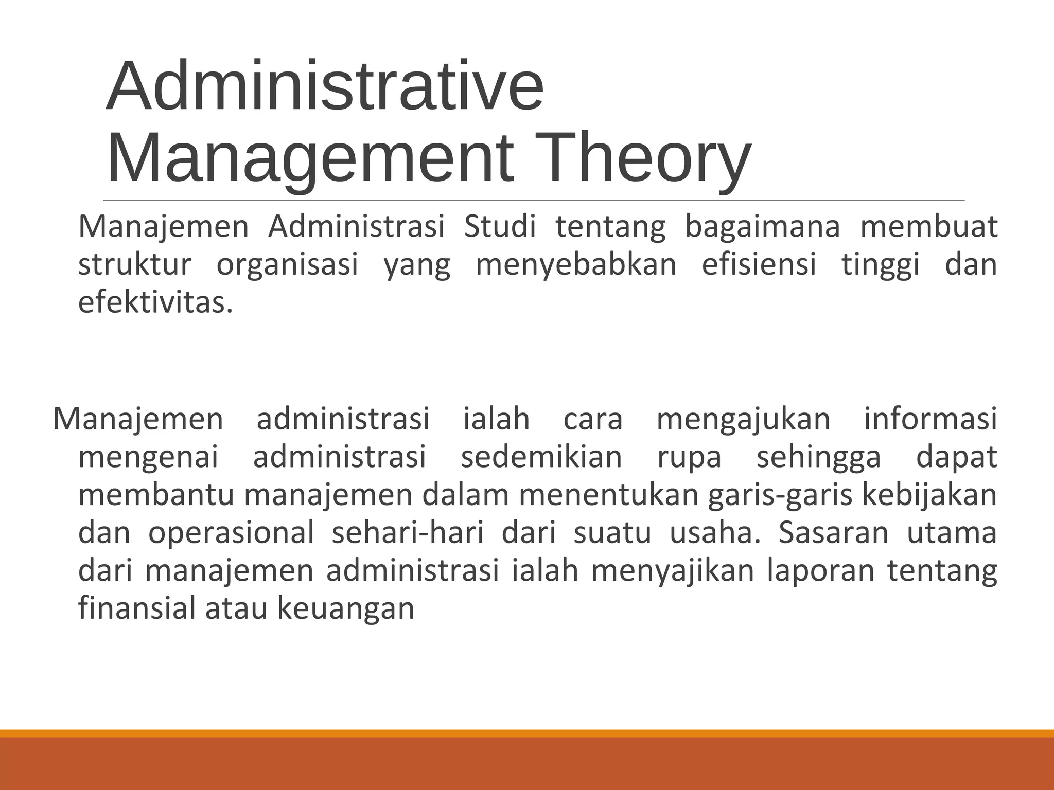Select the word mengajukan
(743, 419)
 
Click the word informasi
(930, 419)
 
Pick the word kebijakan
(929, 495)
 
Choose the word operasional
(231, 533)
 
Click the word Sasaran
(833, 533)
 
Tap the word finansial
(137, 608)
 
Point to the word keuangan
(346, 608)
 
